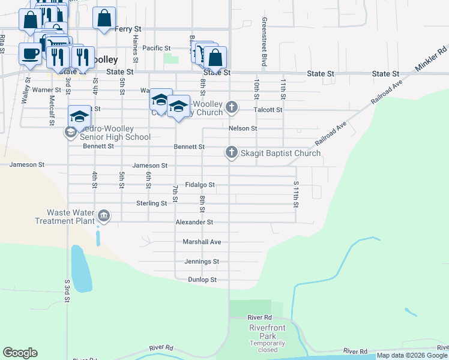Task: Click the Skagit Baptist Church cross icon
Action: (232, 153)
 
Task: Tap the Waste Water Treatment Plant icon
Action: (104, 216)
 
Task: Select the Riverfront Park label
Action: (267, 331)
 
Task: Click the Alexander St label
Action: (194, 222)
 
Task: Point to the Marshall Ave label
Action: (202, 242)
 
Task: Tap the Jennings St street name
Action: (202, 262)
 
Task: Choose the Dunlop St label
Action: (202, 280)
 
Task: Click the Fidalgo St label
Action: (200, 185)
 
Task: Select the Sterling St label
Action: (151, 203)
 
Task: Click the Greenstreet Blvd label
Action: (264, 42)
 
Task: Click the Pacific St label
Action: (157, 48)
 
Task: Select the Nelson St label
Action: (243, 128)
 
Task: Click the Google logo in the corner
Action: (20, 353)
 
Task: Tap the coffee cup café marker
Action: (30, 53)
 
